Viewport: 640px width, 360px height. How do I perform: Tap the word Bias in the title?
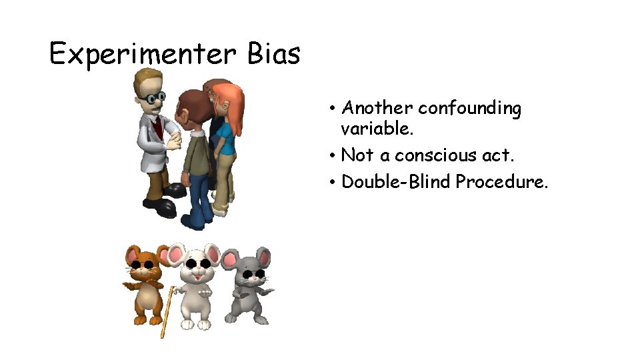273,53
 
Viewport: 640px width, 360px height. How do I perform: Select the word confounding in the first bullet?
469,108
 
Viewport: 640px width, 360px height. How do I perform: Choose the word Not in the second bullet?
357,155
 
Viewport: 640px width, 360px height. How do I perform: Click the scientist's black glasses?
155,99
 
